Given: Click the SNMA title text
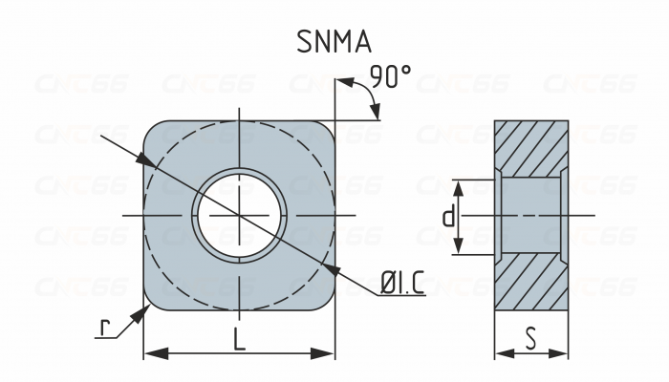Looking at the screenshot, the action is coord(334,42).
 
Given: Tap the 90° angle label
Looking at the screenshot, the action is coord(390,76).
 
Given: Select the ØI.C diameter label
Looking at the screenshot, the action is coord(402,283).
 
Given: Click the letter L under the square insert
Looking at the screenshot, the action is coord(240,339).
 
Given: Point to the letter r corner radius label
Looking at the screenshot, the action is coord(104,328).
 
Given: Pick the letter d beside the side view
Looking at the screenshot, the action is coord(448,217).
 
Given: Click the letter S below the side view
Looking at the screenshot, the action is coord(530,339).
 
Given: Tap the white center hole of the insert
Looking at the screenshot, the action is coord(239,216).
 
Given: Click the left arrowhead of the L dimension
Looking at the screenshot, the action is coord(156,353).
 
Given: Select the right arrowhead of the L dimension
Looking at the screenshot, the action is coord(322,353).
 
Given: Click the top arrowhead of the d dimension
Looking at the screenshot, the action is coord(458,189).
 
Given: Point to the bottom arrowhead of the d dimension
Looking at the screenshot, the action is coord(458,245).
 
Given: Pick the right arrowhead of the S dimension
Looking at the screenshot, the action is coord(558,353).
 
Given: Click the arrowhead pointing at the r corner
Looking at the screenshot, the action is coord(140,314).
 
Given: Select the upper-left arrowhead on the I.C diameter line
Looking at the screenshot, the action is coord(146,160).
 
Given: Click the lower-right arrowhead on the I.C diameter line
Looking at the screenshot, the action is coord(331,269).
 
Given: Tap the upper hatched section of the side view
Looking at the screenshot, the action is coord(531,148).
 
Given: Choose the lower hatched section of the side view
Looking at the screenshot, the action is coord(531,283).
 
